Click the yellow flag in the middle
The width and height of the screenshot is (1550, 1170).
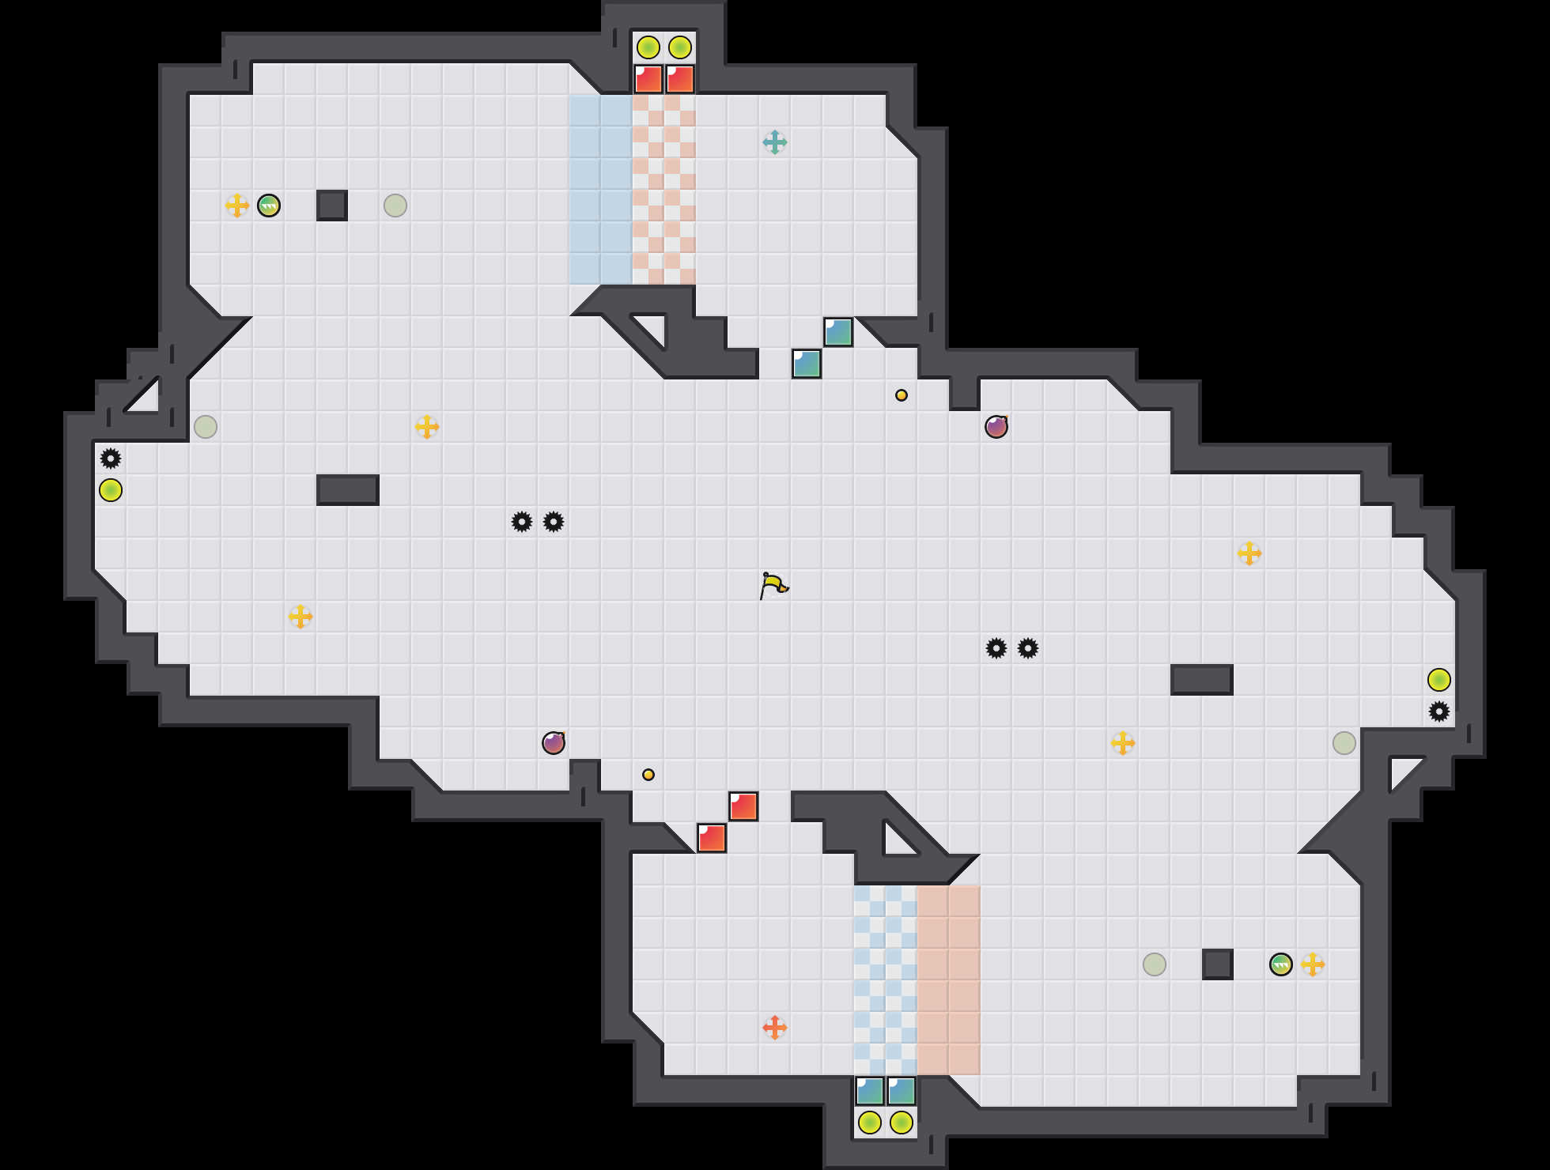(773, 586)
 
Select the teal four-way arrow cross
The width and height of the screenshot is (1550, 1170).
(775, 142)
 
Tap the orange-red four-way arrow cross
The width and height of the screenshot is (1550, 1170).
(775, 1028)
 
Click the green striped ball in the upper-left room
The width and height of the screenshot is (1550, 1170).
(269, 206)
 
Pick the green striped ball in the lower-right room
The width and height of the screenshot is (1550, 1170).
(1281, 964)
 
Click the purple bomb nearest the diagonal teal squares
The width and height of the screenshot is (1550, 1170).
(996, 427)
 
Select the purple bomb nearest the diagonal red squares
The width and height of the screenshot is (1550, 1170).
(554, 743)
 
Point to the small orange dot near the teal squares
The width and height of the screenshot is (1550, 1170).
(902, 395)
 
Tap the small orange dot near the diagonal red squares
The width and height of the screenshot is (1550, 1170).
(648, 775)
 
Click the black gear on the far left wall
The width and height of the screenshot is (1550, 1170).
(111, 459)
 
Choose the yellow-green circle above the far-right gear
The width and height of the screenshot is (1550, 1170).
(1439, 680)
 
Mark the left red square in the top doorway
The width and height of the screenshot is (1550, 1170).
(648, 79)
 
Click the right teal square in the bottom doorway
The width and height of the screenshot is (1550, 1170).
(902, 1091)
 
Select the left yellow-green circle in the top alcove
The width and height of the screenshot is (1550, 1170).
(648, 47)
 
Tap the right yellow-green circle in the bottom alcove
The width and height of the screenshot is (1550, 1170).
(902, 1123)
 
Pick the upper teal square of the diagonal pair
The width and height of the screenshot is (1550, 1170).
(838, 332)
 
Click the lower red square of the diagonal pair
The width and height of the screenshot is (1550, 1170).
(712, 838)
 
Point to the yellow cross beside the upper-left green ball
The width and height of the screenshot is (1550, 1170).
(237, 206)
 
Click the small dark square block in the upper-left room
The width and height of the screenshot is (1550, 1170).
(332, 206)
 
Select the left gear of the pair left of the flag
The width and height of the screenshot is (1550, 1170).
(522, 522)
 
